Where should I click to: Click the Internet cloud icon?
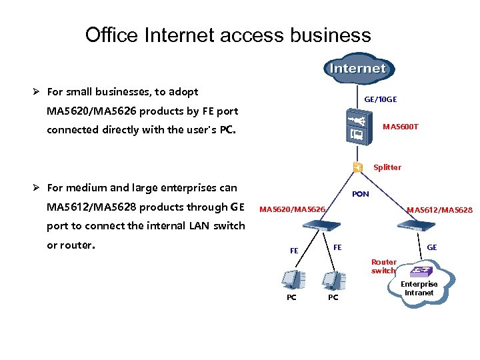tap(359, 68)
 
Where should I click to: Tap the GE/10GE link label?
tap(380, 99)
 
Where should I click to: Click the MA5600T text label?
tap(400, 127)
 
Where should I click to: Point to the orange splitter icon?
tap(357, 167)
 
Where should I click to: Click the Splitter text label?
tap(387, 167)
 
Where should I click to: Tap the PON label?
tap(360, 194)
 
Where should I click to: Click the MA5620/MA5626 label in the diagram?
tap(292, 210)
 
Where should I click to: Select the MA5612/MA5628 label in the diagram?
tap(439, 210)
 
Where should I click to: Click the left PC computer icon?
tap(291, 279)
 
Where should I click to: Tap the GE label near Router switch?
tap(432, 247)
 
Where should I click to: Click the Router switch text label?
tap(383, 267)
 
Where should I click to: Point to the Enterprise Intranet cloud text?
tap(419, 288)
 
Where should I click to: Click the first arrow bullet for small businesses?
tap(38, 92)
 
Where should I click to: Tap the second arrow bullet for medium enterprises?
tap(38, 189)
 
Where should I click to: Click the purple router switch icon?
tap(419, 270)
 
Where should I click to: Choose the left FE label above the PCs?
tap(294, 251)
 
